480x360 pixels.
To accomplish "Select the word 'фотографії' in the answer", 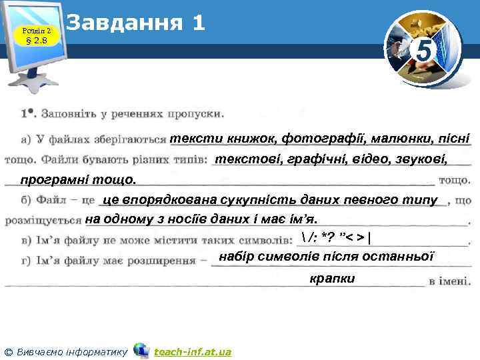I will pyautogui.click(x=312, y=139).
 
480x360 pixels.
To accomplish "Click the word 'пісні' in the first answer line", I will pyautogui.click(x=453, y=139).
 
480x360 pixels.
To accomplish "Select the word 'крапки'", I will pyautogui.click(x=332, y=278).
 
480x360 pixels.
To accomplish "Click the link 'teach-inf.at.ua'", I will pyautogui.click(x=192, y=351).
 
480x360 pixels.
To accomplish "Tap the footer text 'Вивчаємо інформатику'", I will pyautogui.click(x=72, y=351).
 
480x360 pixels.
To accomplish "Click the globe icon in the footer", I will pyautogui.click(x=141, y=350).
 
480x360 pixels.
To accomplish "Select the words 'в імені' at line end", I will pyautogui.click(x=450, y=281).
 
